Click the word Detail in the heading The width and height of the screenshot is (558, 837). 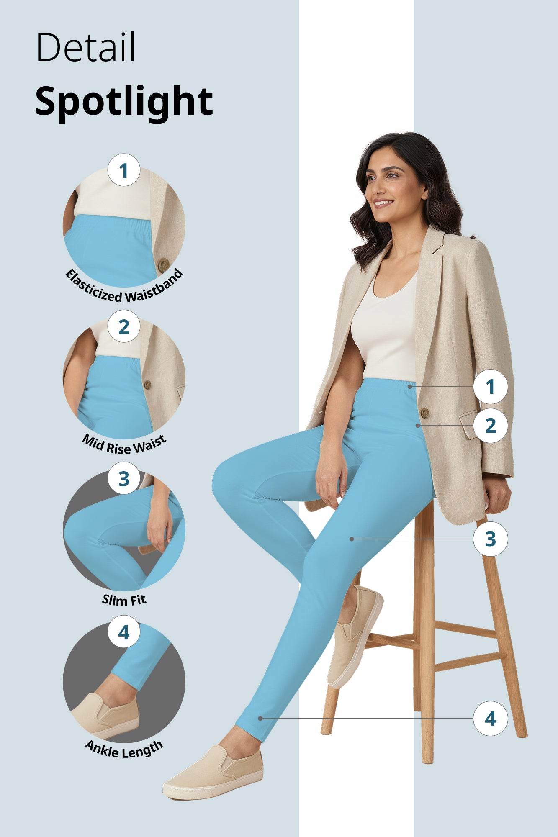[85, 47]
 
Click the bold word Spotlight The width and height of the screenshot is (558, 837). [124, 102]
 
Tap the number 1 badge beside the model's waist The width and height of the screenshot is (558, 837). [490, 387]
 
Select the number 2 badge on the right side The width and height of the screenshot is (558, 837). [490, 426]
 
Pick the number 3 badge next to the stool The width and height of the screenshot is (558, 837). [490, 539]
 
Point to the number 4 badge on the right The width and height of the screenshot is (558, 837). [490, 719]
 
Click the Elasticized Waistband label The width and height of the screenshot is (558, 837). [124, 289]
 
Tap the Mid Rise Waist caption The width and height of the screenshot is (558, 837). [124, 444]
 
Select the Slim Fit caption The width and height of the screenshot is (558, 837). [124, 600]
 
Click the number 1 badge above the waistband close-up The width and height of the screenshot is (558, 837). [123, 170]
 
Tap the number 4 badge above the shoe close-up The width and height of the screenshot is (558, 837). [123, 632]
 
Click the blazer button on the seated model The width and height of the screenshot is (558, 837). [424, 413]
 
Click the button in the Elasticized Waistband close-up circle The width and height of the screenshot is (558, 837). [163, 264]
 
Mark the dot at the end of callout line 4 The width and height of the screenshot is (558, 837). [260, 719]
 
